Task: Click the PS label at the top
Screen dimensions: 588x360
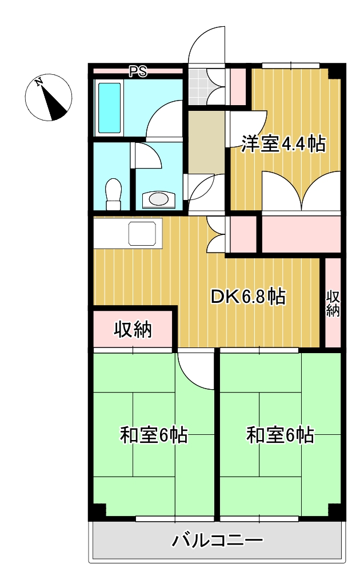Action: [x=137, y=72]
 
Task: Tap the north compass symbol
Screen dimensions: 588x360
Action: [x=49, y=98]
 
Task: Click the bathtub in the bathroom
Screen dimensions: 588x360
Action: [x=110, y=107]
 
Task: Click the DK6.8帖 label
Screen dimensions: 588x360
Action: [x=247, y=297]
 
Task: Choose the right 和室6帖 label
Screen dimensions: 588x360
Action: [x=280, y=435]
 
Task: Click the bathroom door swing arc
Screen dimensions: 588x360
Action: [x=163, y=120]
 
